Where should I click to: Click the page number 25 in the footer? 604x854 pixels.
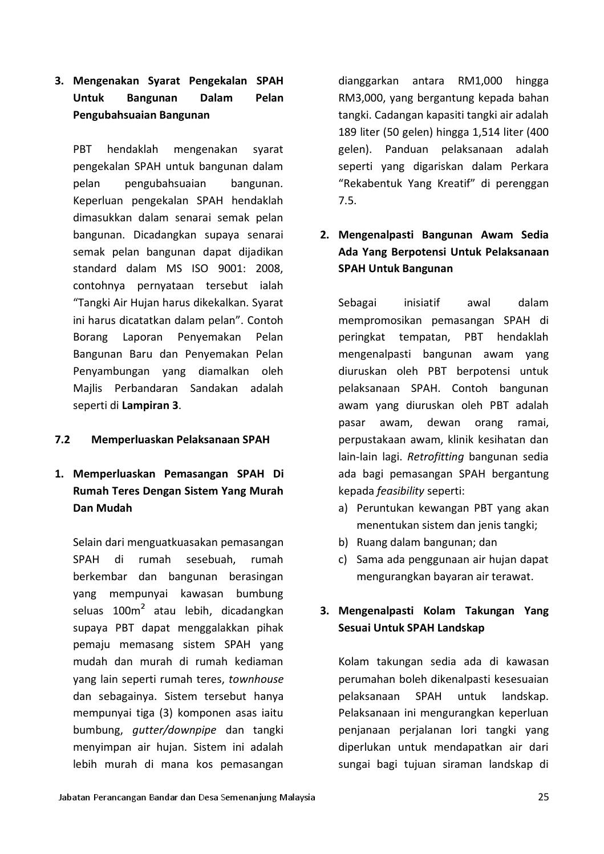click(543, 797)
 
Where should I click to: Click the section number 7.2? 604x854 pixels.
click(62, 440)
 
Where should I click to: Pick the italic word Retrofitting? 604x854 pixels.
click(435, 457)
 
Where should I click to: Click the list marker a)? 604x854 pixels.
click(343, 508)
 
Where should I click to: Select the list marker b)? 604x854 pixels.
click(343, 543)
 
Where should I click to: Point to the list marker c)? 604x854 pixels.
click(343, 560)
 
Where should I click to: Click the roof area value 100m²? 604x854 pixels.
click(128, 610)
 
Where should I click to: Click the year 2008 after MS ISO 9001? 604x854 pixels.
click(269, 269)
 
